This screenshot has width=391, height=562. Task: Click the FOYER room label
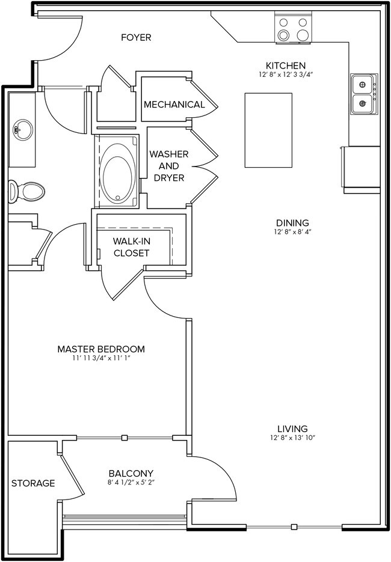pos(136,38)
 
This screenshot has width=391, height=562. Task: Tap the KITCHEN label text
pos(286,66)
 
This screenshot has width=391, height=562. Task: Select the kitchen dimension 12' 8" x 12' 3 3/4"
pos(286,75)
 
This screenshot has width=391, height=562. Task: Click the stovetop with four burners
pos(295,28)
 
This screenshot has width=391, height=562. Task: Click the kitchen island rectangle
pos(268,130)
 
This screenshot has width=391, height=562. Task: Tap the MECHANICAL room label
pos(174,105)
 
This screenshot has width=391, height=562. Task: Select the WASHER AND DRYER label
pos(169,166)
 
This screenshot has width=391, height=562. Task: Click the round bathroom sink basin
pos(23,128)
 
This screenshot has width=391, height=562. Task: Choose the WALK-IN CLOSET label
pos(131,247)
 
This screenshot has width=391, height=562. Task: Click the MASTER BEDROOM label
pos(101,349)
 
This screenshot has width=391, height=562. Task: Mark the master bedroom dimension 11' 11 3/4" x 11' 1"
pos(101,358)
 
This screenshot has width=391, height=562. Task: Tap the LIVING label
pos(292,429)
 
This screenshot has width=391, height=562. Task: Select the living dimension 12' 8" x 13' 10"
pos(292,438)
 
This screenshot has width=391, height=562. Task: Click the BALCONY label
pos(131,473)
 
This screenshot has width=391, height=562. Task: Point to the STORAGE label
pos(33,483)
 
